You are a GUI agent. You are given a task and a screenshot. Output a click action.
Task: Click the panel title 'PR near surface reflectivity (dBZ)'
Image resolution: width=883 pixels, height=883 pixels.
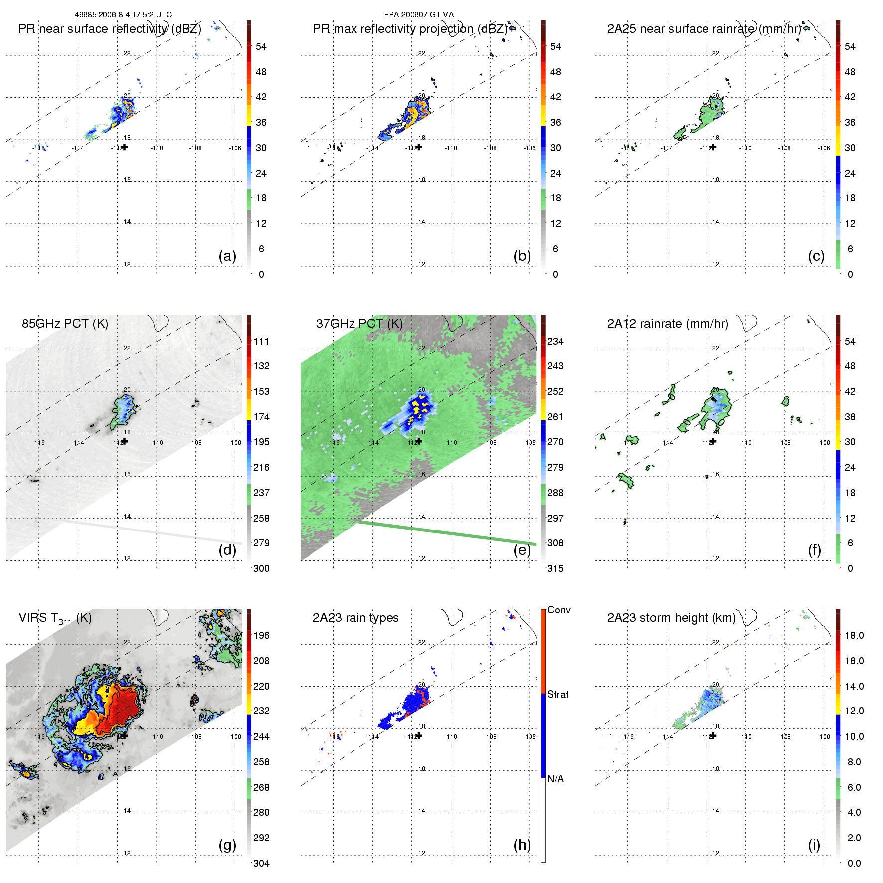click(x=110, y=29)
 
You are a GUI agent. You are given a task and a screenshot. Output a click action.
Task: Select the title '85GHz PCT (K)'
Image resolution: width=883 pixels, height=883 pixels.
click(x=65, y=323)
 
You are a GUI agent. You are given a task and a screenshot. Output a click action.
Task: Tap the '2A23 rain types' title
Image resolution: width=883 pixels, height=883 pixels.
click(x=355, y=618)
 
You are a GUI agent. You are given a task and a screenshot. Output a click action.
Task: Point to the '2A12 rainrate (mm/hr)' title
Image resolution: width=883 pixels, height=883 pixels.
click(x=668, y=324)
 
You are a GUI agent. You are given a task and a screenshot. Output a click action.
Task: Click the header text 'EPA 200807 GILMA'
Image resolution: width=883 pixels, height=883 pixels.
click(x=419, y=15)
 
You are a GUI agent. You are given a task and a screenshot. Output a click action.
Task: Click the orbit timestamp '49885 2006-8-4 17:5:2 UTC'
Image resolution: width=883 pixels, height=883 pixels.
click(x=123, y=15)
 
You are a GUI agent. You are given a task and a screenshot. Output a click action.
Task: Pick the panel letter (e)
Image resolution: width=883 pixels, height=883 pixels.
click(x=522, y=550)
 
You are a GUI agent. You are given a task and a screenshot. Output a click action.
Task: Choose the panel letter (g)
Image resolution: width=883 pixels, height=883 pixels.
click(x=227, y=845)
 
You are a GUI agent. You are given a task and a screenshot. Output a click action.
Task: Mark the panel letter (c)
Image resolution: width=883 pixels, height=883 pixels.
click(x=816, y=256)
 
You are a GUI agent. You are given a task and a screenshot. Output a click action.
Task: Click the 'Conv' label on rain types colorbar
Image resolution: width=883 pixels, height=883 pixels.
click(x=559, y=610)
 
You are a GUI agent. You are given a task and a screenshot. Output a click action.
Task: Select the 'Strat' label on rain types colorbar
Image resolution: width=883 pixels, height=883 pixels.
click(x=558, y=694)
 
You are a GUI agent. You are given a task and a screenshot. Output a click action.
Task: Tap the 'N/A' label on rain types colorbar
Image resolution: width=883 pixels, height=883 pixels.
click(x=555, y=779)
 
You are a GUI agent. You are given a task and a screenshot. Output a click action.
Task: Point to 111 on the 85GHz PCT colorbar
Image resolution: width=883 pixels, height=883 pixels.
click(x=261, y=341)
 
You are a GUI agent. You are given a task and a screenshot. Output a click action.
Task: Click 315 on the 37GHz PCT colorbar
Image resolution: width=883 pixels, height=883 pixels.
click(x=555, y=568)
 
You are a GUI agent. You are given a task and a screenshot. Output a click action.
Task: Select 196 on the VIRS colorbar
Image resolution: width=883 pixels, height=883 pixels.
click(x=261, y=635)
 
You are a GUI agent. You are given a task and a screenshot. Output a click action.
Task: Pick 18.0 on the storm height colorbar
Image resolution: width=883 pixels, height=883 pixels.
click(x=854, y=635)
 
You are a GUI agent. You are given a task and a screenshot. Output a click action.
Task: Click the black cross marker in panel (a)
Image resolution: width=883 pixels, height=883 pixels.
click(x=124, y=147)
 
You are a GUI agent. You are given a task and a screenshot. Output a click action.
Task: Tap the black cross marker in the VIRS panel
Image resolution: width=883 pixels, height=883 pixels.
click(x=124, y=735)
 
